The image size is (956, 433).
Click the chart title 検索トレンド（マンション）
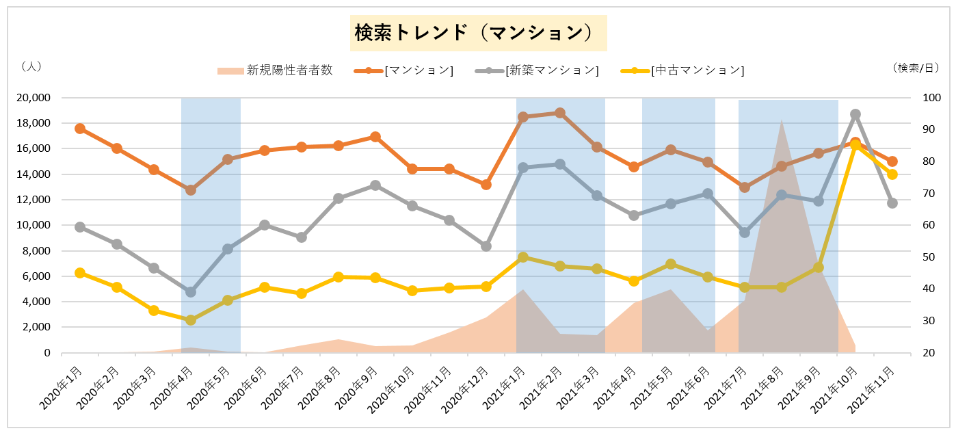click(478, 33)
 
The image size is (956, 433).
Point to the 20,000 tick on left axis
click(33, 98)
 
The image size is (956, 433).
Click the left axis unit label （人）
click(31, 66)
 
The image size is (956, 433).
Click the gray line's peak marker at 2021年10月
click(855, 114)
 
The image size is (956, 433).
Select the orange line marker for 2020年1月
click(80, 129)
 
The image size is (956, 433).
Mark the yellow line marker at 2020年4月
click(191, 320)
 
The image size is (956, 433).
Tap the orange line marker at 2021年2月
click(560, 113)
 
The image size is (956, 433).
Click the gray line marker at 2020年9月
click(375, 185)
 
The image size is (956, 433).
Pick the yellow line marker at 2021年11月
click(892, 174)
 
